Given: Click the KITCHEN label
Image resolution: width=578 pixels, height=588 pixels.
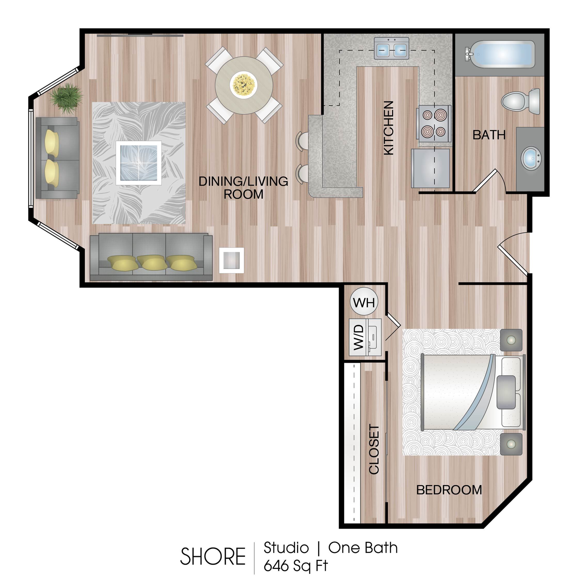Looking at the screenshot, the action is tap(389, 128).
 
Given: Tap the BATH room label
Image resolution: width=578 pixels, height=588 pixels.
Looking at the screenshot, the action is tap(489, 135).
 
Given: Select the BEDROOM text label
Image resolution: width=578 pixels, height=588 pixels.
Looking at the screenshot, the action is tap(449, 490).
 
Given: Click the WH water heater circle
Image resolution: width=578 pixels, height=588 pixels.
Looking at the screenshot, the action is tap(364, 302).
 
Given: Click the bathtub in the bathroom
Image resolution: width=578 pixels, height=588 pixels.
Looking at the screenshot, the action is tap(500, 54).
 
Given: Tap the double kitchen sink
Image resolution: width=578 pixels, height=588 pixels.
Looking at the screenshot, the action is tap(391, 48).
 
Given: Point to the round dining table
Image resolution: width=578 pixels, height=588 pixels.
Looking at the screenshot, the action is tap(244, 85).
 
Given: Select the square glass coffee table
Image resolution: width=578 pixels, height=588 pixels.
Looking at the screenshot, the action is tap(138, 163).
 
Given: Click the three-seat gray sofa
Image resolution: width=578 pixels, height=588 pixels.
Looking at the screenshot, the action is tap(151, 257).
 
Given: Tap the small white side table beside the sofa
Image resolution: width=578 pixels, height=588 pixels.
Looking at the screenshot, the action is tap(231, 260).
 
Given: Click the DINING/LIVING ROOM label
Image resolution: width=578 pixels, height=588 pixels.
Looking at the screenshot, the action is tap(243, 188).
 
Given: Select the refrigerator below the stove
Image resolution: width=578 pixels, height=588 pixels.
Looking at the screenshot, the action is tap(430, 168).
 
